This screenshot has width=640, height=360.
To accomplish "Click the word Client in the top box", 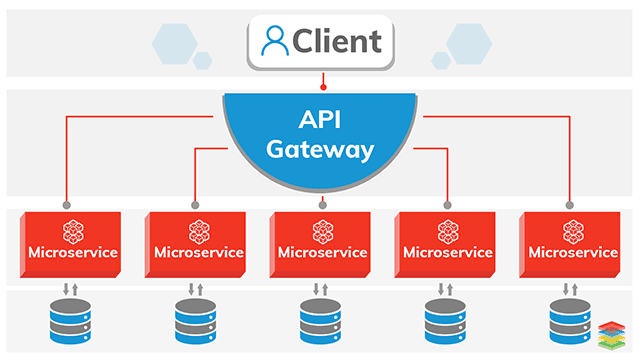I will pos(337,41).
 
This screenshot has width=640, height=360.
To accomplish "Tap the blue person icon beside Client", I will pos(273,41).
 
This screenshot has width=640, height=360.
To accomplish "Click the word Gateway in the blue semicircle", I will pos(321,151).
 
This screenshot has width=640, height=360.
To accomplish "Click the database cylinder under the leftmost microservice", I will pos(70,323).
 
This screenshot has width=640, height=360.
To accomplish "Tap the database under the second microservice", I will pos(195,323).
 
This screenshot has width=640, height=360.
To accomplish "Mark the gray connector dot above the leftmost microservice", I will pos(68,205).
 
